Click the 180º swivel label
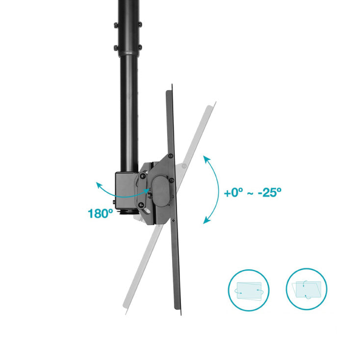point(101,213)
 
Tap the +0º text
point(233,192)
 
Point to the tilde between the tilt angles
point(250,193)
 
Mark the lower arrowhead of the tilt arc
point(206,221)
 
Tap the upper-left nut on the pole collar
point(116,25)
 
